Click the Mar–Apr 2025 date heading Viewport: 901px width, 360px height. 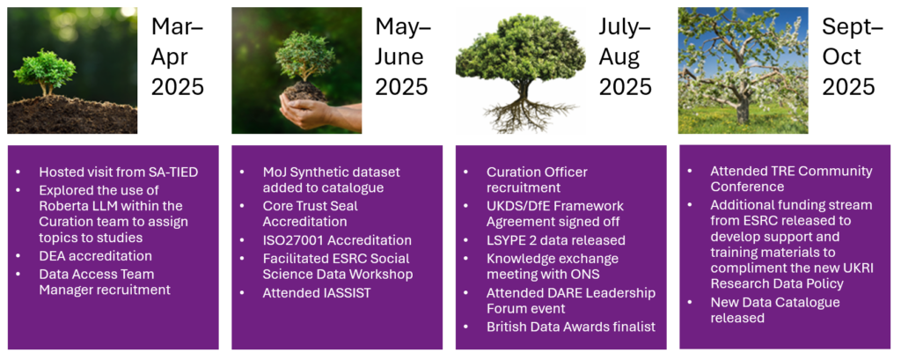[177, 56]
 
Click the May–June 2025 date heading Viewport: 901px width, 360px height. [402, 56]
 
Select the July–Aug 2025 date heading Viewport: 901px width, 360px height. [626, 56]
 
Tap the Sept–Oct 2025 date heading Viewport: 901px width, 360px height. [849, 56]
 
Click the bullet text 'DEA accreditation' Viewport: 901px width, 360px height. [95, 255]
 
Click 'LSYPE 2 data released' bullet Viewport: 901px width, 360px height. [555, 240]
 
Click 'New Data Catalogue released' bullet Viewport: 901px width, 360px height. [774, 310]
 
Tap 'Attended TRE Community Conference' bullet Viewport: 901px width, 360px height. [791, 179]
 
